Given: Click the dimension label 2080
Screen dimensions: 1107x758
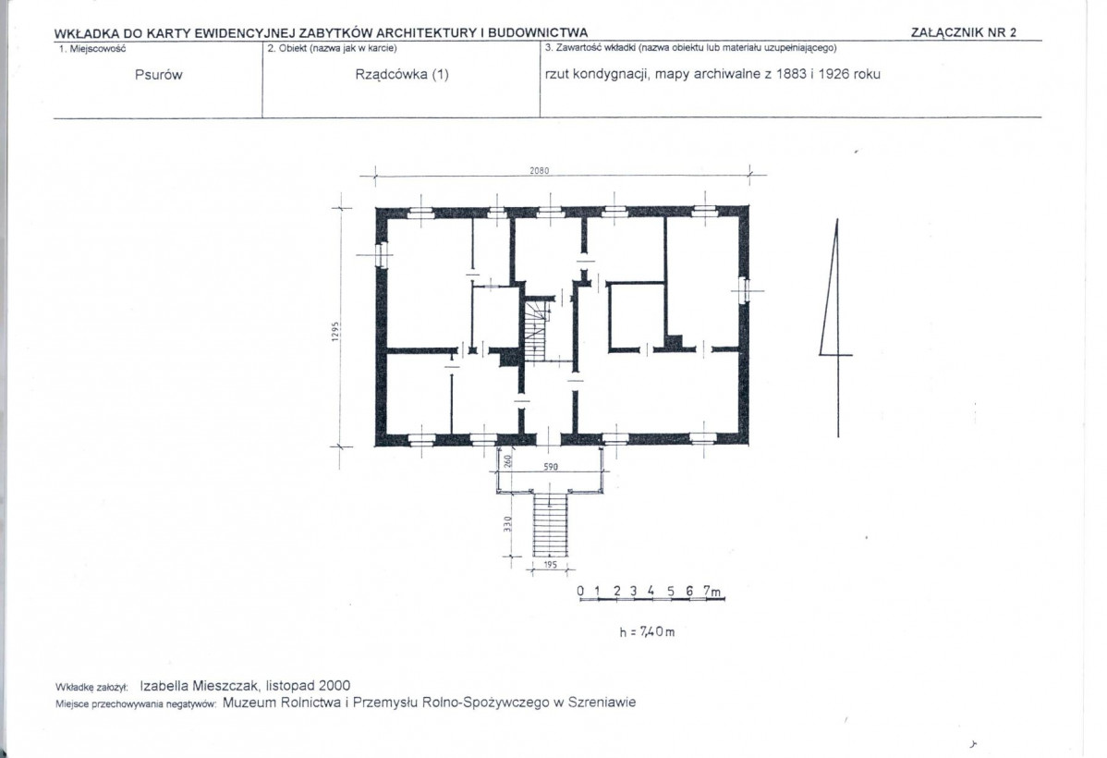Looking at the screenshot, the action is coord(540,170).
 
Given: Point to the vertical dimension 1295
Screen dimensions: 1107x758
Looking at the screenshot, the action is coord(336,331).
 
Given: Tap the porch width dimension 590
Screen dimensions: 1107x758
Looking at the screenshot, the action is coord(551,466).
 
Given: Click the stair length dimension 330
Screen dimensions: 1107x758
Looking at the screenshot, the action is coord(507,524).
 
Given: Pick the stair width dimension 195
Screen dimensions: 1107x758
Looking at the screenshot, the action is coord(551,565).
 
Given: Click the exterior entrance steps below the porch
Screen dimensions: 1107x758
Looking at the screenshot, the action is coord(550,525).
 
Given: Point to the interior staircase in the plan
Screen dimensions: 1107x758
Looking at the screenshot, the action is coord(534,329).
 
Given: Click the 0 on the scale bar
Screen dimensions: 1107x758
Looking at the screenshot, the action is coord(580,591).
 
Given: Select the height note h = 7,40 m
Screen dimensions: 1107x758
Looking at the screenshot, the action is coord(647,631).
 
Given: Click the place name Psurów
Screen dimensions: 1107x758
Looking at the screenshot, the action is coord(158,74).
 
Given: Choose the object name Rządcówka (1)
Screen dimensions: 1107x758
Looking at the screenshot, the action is coord(402,74).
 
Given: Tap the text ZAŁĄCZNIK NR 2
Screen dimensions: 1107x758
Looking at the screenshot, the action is coord(964,32).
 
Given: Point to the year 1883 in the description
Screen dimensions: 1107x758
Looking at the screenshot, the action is coord(791,74).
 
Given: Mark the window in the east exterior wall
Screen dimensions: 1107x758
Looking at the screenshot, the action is coord(743,289).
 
